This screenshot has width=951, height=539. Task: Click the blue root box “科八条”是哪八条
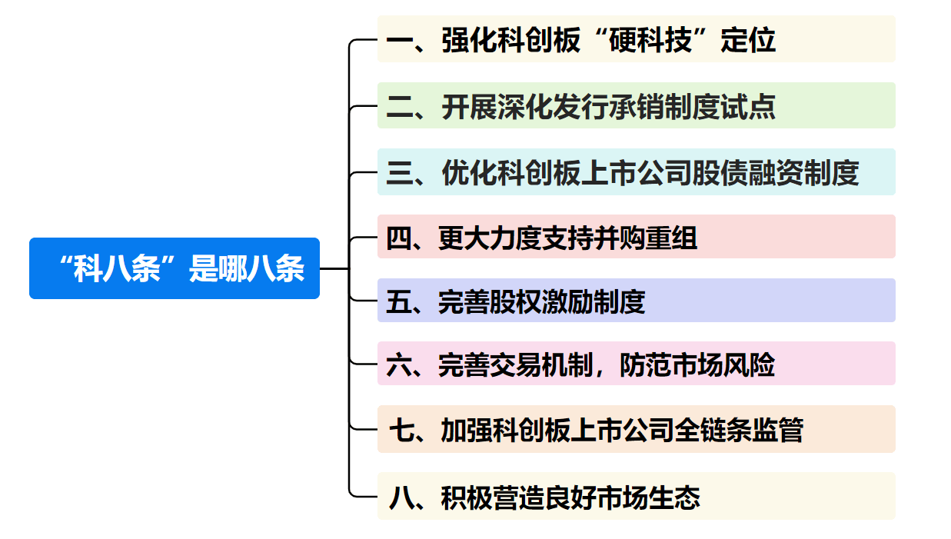tap(174, 268)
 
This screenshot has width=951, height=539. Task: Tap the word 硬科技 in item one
tap(650, 40)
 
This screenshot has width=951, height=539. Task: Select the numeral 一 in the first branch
tap(400, 41)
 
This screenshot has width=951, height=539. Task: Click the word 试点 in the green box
tap(749, 106)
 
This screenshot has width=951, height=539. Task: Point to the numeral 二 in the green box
tap(400, 107)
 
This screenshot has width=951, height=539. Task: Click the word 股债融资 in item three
tap(748, 173)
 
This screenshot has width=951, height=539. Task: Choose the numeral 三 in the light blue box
tap(400, 173)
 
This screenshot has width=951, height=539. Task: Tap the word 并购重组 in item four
tap(645, 238)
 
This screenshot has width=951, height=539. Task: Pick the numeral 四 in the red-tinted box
tap(399, 238)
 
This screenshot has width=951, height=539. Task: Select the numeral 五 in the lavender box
tap(399, 302)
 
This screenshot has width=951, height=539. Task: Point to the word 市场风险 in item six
tap(697, 365)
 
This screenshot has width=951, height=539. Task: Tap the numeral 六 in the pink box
tap(399, 365)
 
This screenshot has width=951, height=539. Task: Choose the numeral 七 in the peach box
tap(401, 431)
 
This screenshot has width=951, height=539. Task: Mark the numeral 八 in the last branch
tap(401, 497)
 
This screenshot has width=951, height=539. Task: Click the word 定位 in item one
tap(749, 40)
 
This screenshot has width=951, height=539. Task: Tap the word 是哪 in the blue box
tap(218, 268)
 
